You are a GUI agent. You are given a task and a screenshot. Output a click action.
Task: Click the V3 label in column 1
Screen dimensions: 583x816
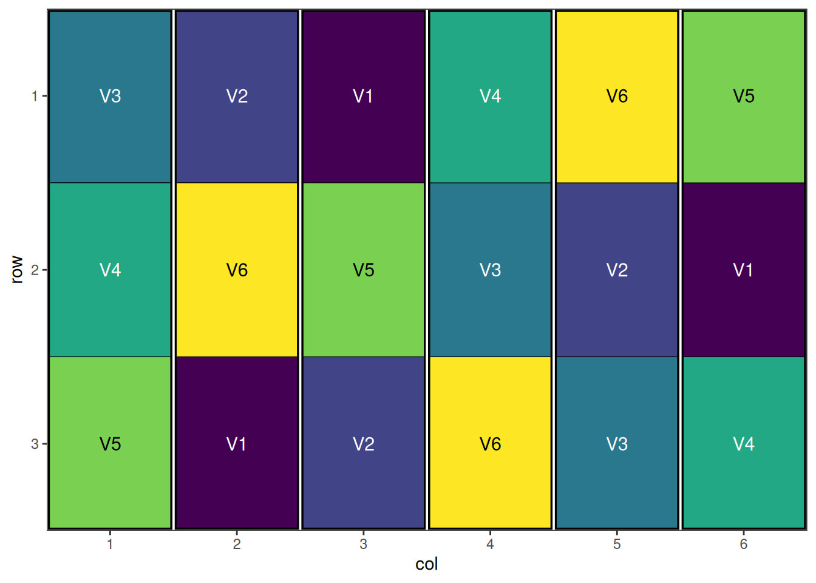click(110, 96)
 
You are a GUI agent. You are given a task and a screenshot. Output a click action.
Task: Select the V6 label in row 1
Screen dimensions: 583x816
click(617, 96)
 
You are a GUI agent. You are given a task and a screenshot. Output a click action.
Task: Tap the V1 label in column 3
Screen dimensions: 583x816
click(363, 96)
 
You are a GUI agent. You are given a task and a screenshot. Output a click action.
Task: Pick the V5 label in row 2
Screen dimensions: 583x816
click(363, 270)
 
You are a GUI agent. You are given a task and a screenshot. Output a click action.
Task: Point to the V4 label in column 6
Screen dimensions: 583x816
click(743, 444)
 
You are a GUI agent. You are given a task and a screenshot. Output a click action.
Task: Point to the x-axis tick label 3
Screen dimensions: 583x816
click(363, 544)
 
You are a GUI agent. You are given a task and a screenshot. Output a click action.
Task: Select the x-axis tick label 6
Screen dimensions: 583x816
click(743, 544)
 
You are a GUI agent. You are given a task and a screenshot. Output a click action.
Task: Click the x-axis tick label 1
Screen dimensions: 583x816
click(110, 544)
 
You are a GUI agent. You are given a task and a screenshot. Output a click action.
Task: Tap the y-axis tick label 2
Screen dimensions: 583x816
click(35, 270)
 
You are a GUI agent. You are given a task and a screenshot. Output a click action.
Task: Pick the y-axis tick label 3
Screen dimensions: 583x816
click(35, 444)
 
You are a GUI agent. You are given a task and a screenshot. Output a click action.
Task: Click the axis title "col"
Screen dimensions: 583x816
click(426, 564)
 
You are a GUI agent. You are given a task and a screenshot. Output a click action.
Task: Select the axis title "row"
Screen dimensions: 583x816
click(17, 270)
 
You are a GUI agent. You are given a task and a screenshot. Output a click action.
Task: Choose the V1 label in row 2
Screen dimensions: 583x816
click(743, 270)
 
